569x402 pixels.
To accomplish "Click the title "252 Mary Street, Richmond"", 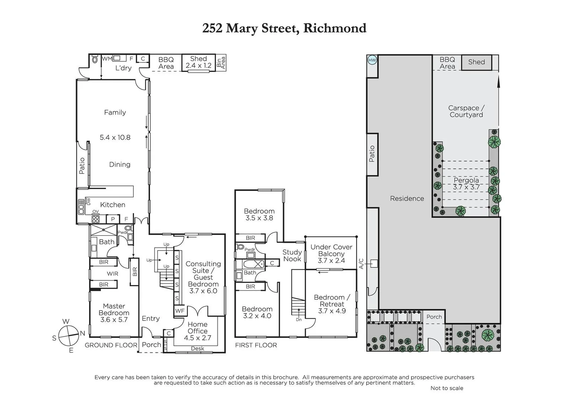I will click(x=284, y=28).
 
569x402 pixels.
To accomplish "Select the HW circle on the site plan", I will click(x=372, y=60).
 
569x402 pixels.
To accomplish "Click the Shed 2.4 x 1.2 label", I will click(x=198, y=62).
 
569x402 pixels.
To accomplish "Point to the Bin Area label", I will click(x=221, y=62).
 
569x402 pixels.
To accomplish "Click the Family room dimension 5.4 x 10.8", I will click(x=115, y=137).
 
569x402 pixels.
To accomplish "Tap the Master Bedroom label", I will click(x=114, y=313).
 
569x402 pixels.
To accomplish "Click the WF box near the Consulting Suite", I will click(x=180, y=310).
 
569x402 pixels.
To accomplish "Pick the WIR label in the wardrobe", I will click(x=112, y=274).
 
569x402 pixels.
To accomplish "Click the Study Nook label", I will click(x=292, y=255).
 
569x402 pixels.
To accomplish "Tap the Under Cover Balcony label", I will click(x=331, y=253).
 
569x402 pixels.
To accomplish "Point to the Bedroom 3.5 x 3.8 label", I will click(x=259, y=214).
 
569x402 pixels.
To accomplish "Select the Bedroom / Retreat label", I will click(x=332, y=304).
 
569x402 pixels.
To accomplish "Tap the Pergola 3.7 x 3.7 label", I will click(x=466, y=184).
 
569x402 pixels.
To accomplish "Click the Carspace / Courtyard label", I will click(x=466, y=111).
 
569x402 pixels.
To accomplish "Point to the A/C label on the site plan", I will click(x=360, y=264).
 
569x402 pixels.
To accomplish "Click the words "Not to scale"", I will click(x=446, y=388).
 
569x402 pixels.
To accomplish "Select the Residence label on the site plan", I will click(x=407, y=198).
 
